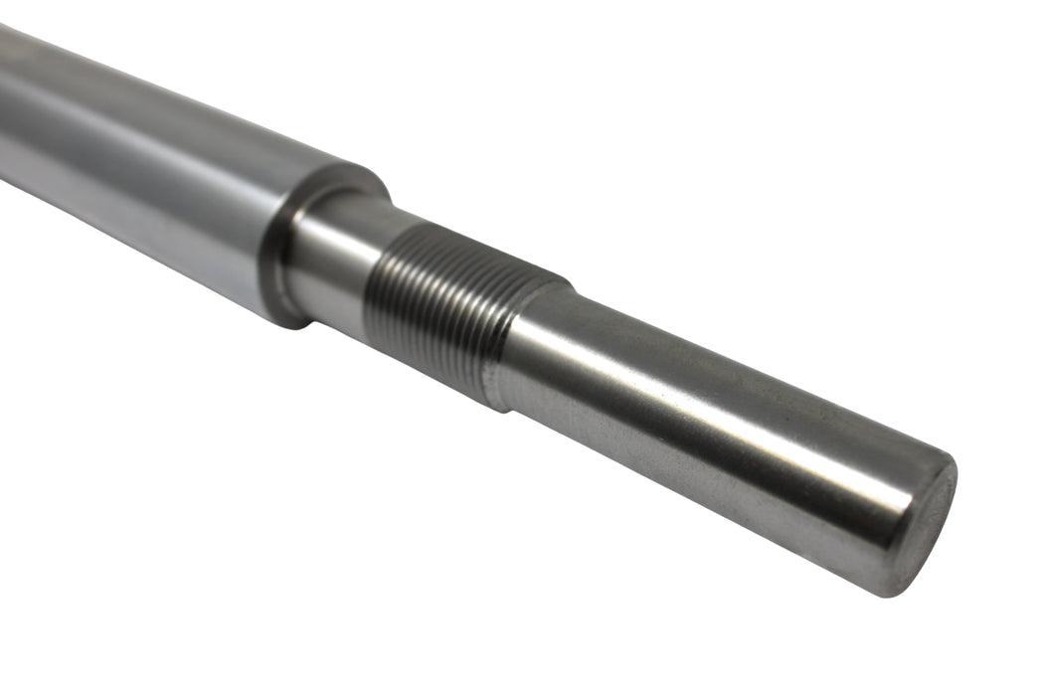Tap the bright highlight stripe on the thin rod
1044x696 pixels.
pyautogui.click(x=696, y=383)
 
